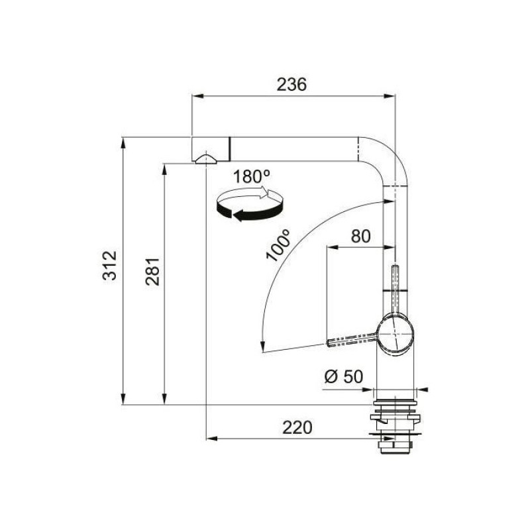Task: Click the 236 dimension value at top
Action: tap(293, 85)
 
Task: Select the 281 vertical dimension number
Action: tap(152, 272)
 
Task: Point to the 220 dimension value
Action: tap(297, 428)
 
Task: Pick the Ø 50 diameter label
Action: tap(343, 376)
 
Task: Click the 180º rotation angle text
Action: tap(252, 177)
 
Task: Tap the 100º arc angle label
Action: tap(279, 246)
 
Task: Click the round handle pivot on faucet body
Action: tap(396, 334)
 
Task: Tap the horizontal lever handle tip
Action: tap(331, 342)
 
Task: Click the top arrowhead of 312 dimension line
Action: tap(123, 141)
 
